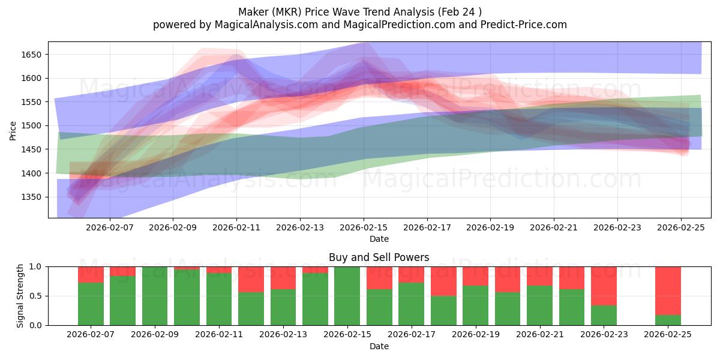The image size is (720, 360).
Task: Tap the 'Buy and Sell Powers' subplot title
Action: tap(379, 257)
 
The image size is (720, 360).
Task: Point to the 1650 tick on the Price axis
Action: tap(33, 55)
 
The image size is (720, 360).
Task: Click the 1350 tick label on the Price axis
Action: tap(33, 197)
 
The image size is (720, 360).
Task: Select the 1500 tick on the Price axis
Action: tap(33, 125)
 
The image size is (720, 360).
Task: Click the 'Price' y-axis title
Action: tap(13, 130)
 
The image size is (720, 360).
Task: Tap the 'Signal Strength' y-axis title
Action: tap(20, 295)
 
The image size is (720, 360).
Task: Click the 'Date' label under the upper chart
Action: tap(379, 239)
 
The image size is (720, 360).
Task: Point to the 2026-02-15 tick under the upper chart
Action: tap(363, 227)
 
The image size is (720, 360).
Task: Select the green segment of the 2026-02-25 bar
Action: tap(668, 320)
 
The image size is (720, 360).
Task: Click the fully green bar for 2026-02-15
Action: tap(347, 296)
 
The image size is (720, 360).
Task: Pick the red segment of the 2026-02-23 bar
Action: tap(604, 286)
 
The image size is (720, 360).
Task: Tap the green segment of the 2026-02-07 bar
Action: tap(91, 304)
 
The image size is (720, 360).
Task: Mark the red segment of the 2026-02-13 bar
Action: tap(283, 278)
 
